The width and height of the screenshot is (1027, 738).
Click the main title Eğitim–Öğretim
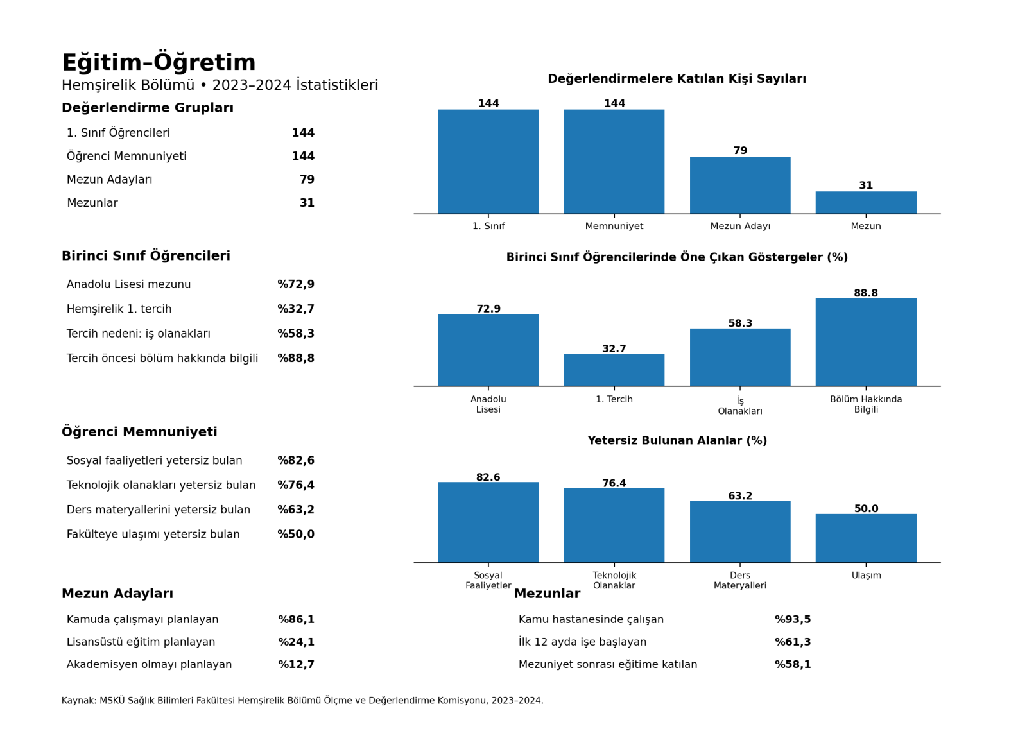tap(159, 62)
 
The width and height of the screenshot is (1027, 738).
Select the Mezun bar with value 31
tap(866, 203)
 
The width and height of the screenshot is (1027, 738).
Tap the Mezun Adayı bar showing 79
tap(740, 185)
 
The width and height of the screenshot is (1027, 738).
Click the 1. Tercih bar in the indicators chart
tap(614, 370)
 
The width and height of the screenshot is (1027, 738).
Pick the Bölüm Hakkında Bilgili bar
tap(866, 343)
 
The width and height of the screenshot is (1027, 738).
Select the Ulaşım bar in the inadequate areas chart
tap(866, 538)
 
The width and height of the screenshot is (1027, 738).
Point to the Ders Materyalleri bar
tap(740, 532)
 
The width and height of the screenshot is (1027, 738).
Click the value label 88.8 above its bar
tap(866, 293)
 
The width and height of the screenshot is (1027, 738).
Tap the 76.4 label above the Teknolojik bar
tap(614, 483)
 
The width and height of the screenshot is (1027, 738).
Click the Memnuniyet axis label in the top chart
tap(614, 226)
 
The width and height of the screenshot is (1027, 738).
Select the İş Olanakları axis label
tap(740, 406)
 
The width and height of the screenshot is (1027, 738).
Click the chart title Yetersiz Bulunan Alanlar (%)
tap(677, 440)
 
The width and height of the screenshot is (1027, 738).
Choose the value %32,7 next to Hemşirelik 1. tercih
tap(296, 309)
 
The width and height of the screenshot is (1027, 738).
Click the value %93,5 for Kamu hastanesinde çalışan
tap(793, 619)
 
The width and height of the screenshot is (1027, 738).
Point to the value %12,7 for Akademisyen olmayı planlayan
tap(296, 664)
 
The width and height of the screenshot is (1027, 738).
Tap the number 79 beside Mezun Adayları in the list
tap(307, 179)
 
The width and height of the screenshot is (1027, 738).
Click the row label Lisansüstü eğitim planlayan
tap(141, 642)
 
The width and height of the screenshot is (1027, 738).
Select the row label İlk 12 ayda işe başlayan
tap(582, 642)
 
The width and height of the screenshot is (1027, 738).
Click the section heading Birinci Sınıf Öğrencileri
tap(146, 256)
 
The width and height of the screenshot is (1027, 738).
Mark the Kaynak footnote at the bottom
tap(302, 700)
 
